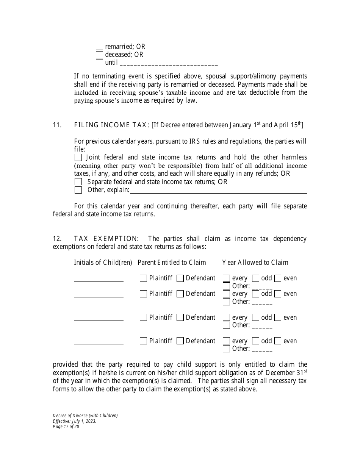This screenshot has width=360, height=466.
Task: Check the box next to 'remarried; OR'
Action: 99,47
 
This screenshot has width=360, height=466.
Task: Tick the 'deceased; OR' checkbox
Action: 99,55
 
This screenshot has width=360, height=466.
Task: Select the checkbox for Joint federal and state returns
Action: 78,157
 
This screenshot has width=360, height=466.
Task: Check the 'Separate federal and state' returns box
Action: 78,182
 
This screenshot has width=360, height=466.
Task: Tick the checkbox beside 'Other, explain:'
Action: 78,190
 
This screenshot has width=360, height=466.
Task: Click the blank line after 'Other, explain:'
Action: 218,191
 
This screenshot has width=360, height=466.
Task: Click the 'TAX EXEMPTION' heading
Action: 106,239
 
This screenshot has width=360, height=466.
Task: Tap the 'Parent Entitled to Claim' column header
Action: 172,263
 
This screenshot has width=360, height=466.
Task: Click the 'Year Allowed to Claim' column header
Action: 255,263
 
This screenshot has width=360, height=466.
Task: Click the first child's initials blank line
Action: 99,280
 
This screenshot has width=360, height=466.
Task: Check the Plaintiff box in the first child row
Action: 143,278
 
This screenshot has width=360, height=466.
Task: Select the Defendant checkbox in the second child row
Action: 180,294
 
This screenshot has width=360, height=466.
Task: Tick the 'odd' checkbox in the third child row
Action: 255,317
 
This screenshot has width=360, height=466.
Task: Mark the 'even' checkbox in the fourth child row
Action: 278,341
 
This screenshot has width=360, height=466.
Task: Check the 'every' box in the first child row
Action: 226,278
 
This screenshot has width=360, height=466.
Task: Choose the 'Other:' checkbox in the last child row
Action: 226,349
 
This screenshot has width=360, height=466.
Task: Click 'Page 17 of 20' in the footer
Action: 66,426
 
